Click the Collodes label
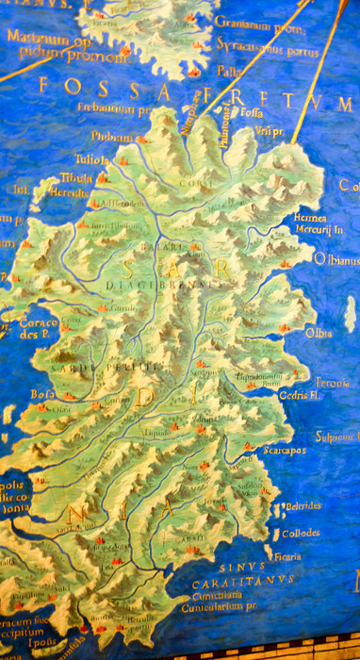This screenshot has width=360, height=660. (301, 533)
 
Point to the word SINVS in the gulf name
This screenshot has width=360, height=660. (236, 569)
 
